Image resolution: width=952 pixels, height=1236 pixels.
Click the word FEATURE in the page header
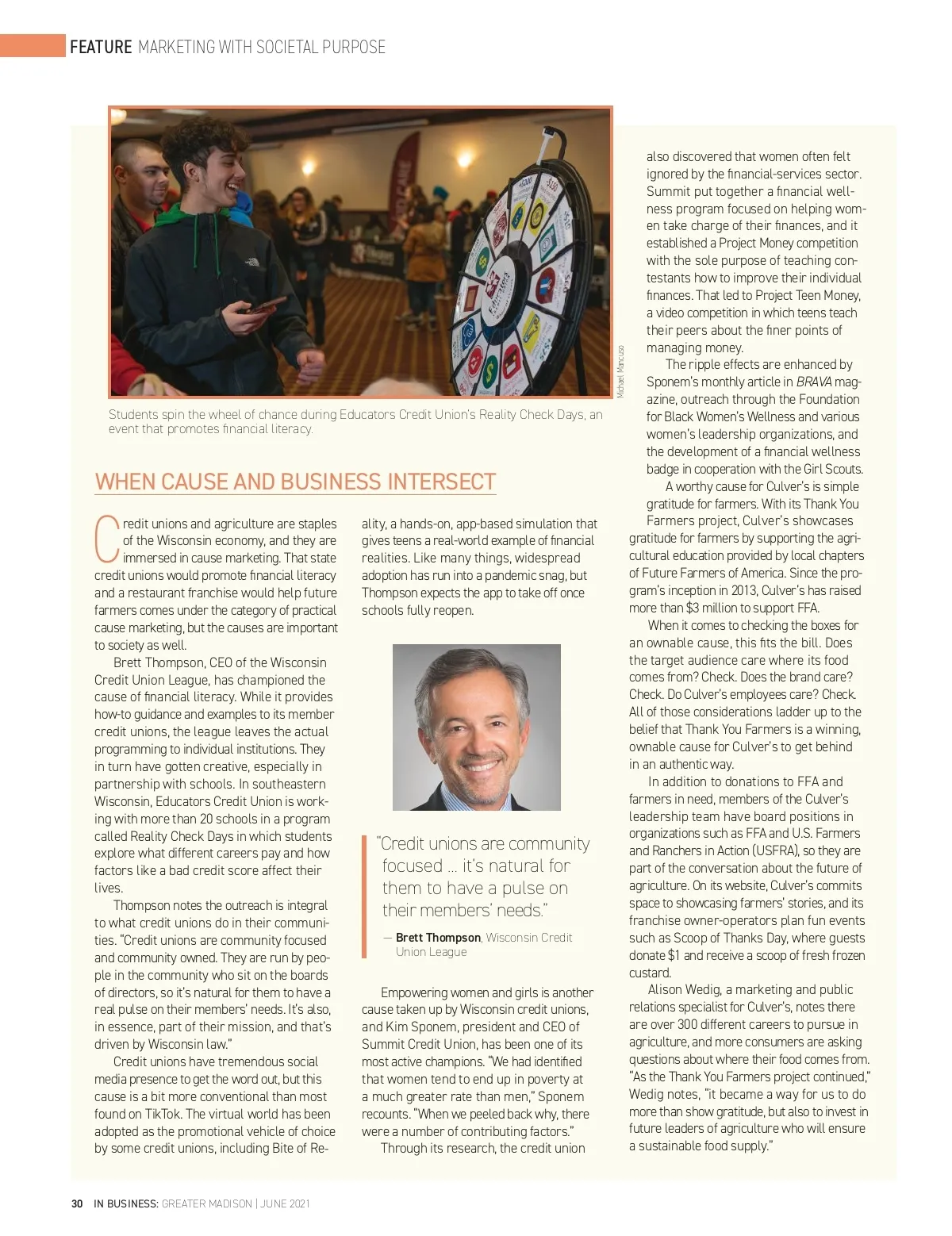click(x=101, y=47)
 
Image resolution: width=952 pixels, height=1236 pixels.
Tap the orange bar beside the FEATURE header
click(x=33, y=45)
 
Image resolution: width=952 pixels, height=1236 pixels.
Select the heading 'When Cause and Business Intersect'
click(x=295, y=482)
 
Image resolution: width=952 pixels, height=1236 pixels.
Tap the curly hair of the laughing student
click(x=198, y=143)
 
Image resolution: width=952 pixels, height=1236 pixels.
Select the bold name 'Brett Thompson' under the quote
click(x=438, y=937)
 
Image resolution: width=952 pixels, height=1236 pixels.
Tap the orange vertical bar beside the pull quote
click(x=364, y=896)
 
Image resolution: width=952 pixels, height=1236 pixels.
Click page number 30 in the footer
click(x=77, y=1203)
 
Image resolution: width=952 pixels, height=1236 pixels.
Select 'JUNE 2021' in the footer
click(x=285, y=1203)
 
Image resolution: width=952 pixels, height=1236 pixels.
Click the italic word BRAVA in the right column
click(x=814, y=382)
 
